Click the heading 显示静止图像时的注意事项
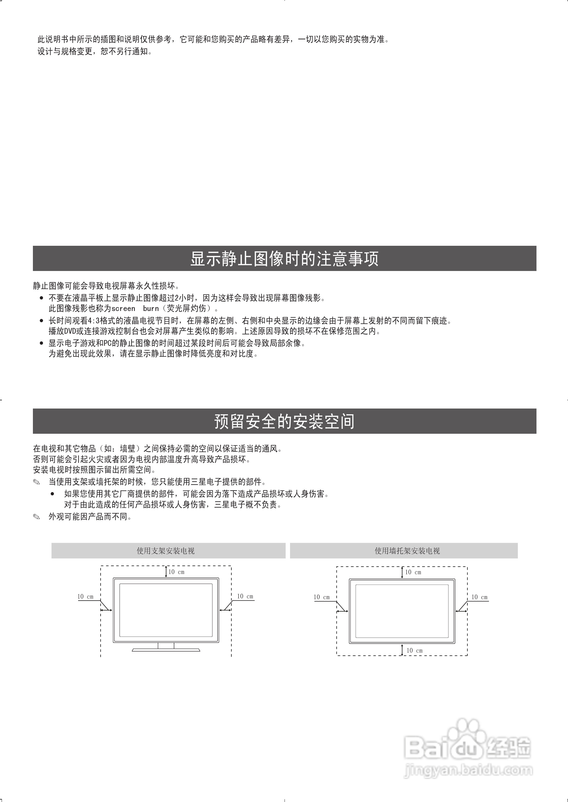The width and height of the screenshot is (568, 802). (x=284, y=259)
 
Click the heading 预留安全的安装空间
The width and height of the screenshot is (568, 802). (x=284, y=422)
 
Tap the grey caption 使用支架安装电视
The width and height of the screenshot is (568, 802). (x=165, y=551)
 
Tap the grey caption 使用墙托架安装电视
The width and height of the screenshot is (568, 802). (x=407, y=551)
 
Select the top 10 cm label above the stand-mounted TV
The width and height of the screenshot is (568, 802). (x=176, y=572)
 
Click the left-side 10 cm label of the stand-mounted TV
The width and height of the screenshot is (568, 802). (x=85, y=597)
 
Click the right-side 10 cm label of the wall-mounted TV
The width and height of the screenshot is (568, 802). (x=479, y=597)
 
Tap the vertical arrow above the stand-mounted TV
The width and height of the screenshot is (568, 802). (x=166, y=572)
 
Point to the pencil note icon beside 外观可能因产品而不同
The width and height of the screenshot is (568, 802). (x=36, y=517)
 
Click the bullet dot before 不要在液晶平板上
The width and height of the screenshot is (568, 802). (x=42, y=298)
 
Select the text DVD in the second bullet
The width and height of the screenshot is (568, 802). (x=70, y=331)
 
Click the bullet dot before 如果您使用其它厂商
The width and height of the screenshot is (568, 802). (x=52, y=494)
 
